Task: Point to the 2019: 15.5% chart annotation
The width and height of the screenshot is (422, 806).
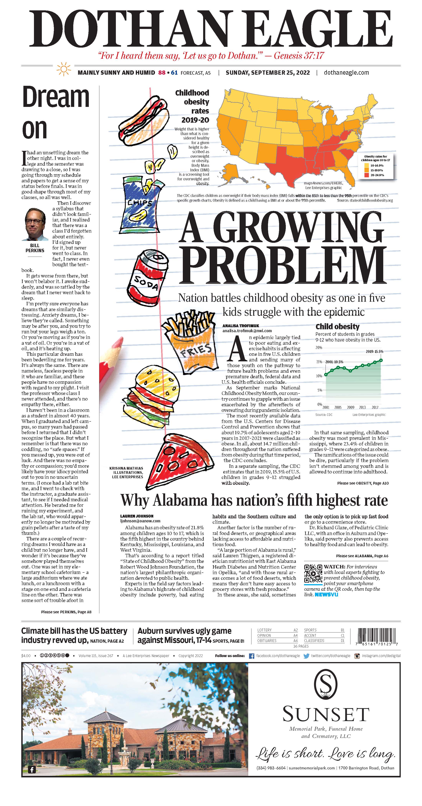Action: click(x=374, y=351)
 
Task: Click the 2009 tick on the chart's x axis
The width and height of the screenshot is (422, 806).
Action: click(x=350, y=407)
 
